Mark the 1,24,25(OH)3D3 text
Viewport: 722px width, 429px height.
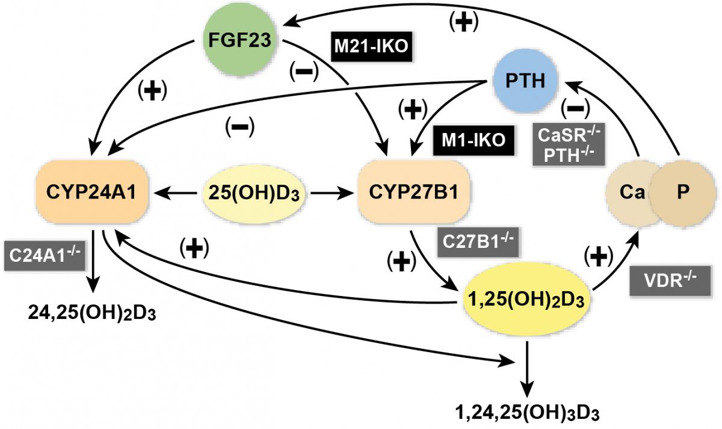[527, 413]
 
